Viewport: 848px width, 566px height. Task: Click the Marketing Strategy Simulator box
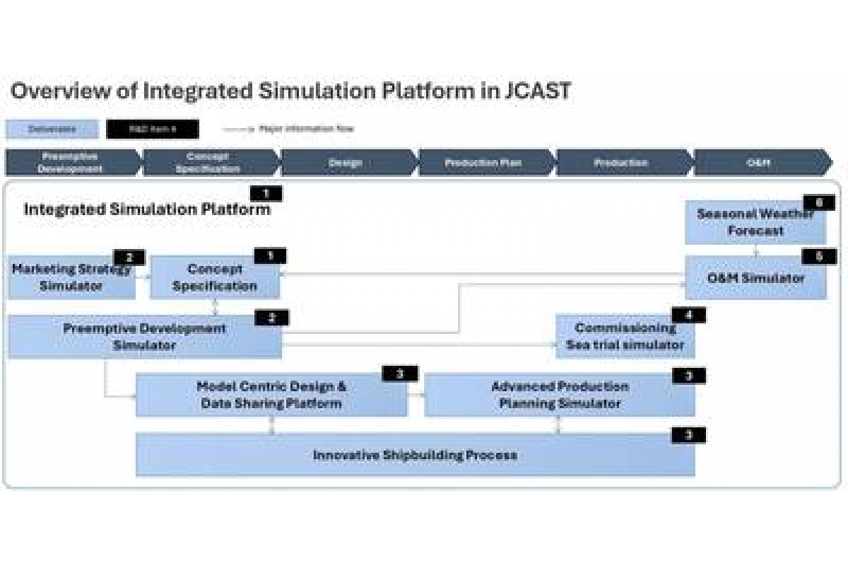tap(71, 278)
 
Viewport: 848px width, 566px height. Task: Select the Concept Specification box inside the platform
tap(215, 278)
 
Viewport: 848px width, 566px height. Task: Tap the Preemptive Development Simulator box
tap(144, 337)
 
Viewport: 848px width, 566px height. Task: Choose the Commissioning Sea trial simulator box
tap(625, 337)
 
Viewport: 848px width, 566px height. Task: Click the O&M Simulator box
tap(755, 278)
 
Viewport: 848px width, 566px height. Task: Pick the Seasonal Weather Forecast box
tap(755, 222)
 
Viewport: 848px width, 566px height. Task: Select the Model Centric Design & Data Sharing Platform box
tap(271, 395)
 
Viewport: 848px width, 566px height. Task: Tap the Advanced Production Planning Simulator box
tap(560, 395)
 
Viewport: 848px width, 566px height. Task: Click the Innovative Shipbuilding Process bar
tap(415, 455)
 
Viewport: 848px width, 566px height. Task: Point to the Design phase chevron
tap(346, 163)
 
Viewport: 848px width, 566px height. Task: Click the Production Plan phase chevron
tap(483, 163)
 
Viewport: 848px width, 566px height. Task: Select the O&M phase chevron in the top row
tap(759, 163)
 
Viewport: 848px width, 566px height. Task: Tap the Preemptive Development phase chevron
tap(71, 163)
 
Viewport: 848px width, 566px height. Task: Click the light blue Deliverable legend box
tap(52, 129)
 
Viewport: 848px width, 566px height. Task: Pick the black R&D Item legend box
tap(153, 129)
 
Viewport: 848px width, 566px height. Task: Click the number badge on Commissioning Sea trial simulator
tap(688, 315)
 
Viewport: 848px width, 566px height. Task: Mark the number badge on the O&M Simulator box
tap(819, 256)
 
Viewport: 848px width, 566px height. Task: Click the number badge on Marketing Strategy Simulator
tap(129, 258)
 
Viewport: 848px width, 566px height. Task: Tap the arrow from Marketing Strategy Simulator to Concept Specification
tap(143, 277)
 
